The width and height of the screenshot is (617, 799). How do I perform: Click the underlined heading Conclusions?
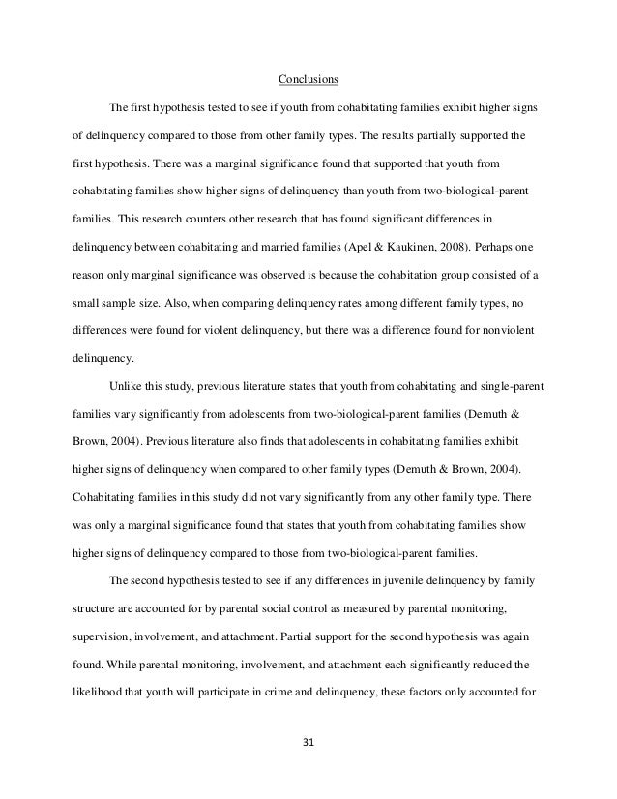click(308, 79)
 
